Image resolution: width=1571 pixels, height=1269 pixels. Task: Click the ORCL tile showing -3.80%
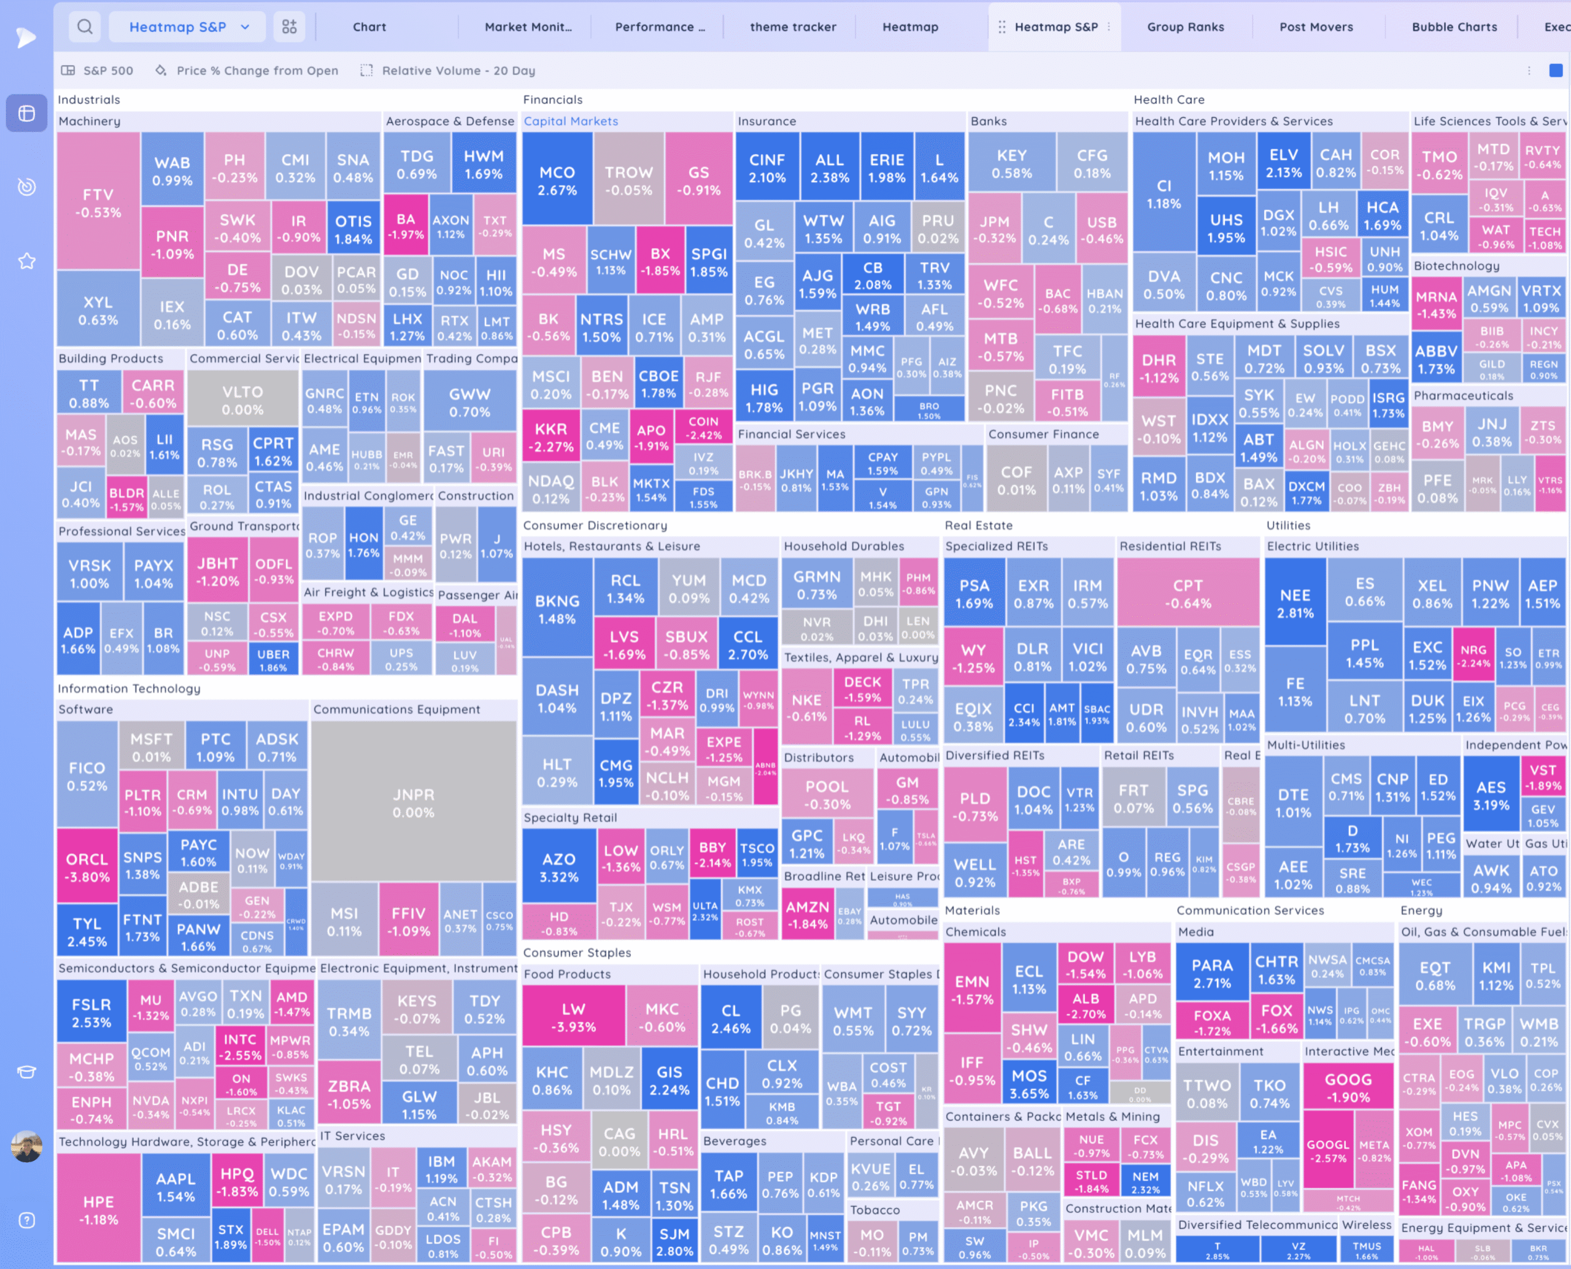click(x=87, y=867)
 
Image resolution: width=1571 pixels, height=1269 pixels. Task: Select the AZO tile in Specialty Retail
click(x=559, y=867)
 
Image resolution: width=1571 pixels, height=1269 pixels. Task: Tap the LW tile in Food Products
click(x=574, y=1017)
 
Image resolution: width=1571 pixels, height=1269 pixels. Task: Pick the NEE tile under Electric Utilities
click(x=1295, y=603)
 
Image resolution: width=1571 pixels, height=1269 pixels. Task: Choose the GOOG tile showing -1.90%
click(x=1348, y=1088)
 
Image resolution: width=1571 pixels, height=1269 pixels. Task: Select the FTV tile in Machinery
click(x=98, y=203)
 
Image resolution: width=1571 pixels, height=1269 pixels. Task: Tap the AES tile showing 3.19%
click(x=1491, y=795)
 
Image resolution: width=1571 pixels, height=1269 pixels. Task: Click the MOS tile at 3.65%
click(x=1029, y=1084)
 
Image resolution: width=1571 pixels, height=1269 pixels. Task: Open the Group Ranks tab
click(x=1185, y=27)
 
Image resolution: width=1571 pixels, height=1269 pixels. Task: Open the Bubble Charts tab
click(x=1454, y=27)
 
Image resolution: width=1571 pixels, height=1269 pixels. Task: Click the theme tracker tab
click(x=793, y=27)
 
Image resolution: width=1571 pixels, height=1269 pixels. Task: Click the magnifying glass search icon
click(x=85, y=27)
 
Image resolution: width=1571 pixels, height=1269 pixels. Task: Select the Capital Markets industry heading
click(x=571, y=122)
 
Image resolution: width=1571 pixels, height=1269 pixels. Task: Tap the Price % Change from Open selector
click(x=257, y=71)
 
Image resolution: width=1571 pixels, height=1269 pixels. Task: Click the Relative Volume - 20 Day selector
click(x=457, y=71)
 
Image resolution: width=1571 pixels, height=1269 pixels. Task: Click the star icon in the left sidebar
click(x=27, y=261)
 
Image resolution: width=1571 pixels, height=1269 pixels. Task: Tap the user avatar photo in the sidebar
click(x=27, y=1146)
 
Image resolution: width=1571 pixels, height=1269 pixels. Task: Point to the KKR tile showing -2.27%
click(x=550, y=437)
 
